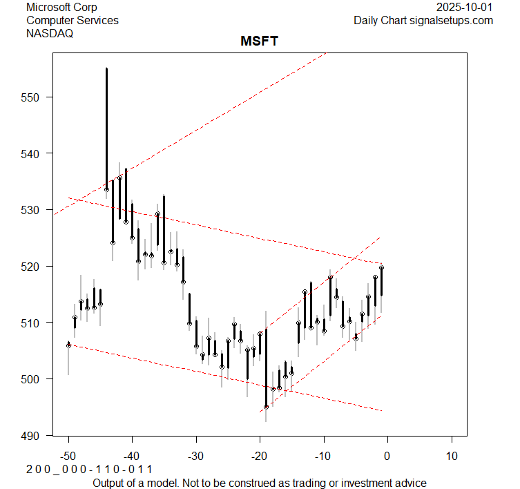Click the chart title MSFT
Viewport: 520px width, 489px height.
(259, 42)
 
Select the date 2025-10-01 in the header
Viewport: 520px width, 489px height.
(465, 7)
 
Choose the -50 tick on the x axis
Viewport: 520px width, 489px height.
(68, 456)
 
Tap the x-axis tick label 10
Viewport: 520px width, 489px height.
(451, 456)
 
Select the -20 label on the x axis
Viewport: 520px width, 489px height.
(260, 456)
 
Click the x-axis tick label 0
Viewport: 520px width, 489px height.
(387, 456)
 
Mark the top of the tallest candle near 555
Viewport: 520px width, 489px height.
(106, 69)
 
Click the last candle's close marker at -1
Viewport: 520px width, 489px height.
(381, 267)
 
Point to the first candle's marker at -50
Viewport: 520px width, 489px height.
(68, 344)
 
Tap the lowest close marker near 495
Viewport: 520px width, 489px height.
(266, 407)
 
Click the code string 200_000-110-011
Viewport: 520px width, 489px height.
(89, 470)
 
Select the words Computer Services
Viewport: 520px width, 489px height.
(72, 20)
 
